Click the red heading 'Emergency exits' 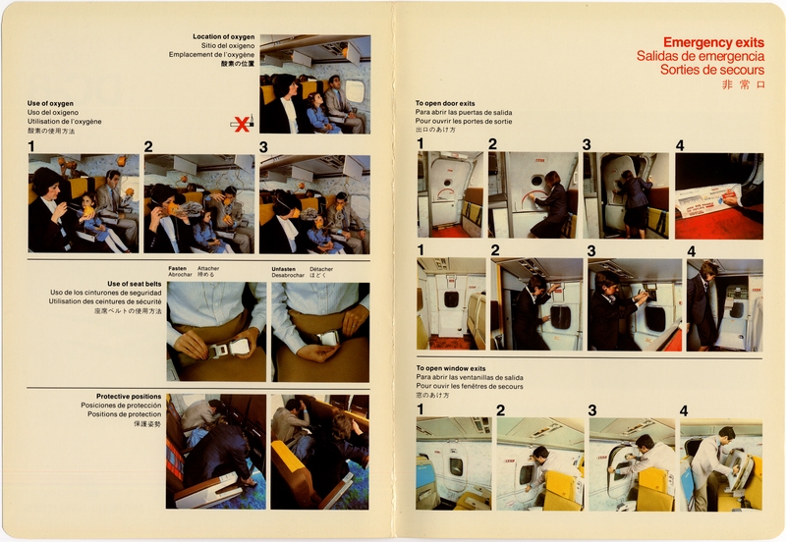(x=713, y=43)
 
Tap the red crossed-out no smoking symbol (x=241, y=123)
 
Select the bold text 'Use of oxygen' (x=50, y=103)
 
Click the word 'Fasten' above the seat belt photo (x=177, y=268)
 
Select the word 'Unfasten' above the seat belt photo (x=285, y=268)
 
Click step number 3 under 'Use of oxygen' (x=263, y=147)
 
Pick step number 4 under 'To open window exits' (x=684, y=409)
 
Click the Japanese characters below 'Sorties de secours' (x=741, y=85)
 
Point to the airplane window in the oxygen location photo (x=354, y=91)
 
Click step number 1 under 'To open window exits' (x=421, y=409)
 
